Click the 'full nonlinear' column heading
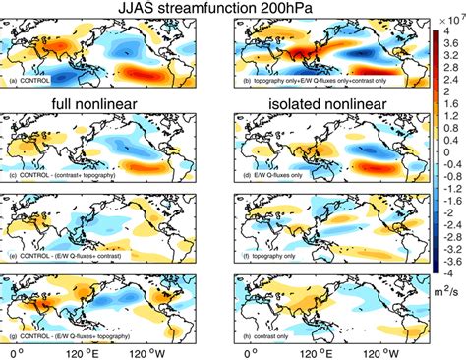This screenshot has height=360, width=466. coord(105,103)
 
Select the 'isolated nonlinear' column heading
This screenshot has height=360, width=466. coord(318,103)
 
